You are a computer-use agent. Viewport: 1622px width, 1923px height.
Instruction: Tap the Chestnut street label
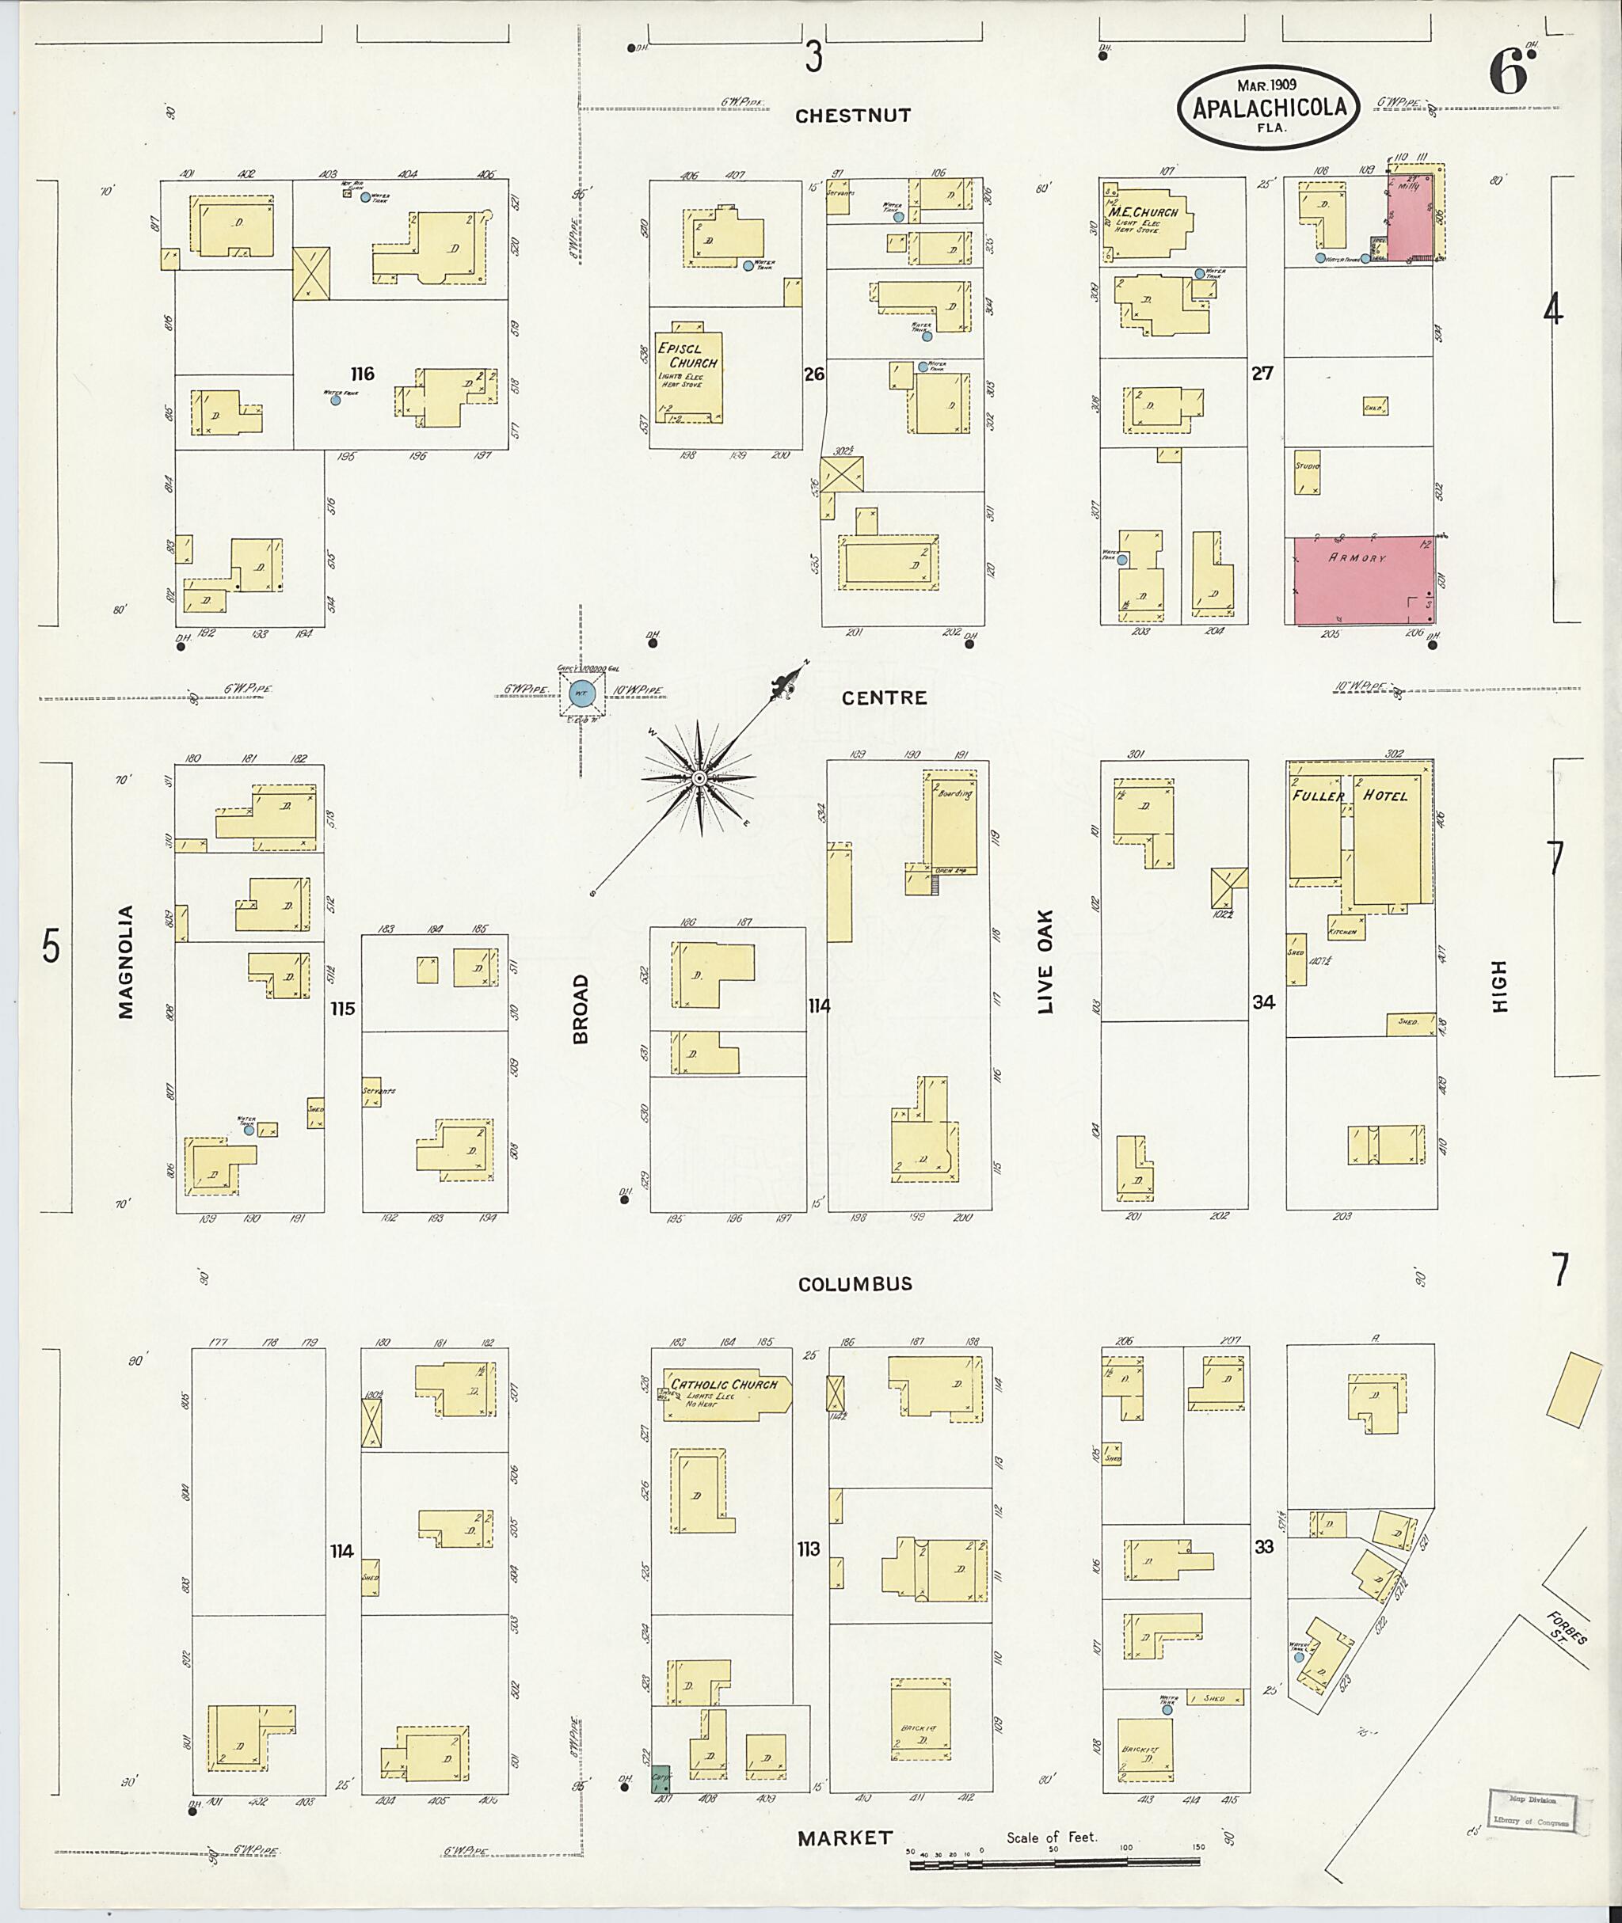(x=852, y=116)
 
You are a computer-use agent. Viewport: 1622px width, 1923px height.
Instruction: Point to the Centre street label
(x=884, y=697)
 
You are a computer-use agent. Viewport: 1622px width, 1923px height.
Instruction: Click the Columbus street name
(x=855, y=1284)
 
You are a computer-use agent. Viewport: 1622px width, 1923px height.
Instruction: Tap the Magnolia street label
(x=126, y=963)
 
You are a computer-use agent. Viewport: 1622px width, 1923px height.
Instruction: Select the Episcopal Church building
(x=687, y=378)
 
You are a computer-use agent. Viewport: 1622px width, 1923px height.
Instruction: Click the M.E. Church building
(x=1147, y=221)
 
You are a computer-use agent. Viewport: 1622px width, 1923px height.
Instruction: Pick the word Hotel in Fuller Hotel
(x=1384, y=795)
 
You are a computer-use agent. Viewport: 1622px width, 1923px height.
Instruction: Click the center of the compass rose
(x=699, y=778)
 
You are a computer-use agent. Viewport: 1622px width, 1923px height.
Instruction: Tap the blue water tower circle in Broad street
(x=581, y=694)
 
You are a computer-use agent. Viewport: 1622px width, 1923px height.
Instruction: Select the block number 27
(x=1262, y=373)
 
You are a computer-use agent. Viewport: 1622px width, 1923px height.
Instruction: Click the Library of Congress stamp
(x=1531, y=1810)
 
